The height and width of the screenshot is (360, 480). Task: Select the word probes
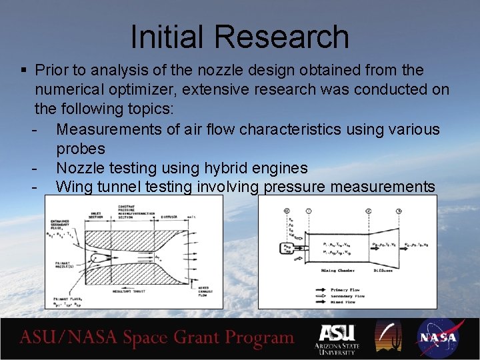81,148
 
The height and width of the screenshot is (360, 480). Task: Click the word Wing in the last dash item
75,187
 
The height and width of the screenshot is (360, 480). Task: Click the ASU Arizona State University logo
337,339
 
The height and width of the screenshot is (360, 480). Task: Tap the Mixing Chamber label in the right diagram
338,270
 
